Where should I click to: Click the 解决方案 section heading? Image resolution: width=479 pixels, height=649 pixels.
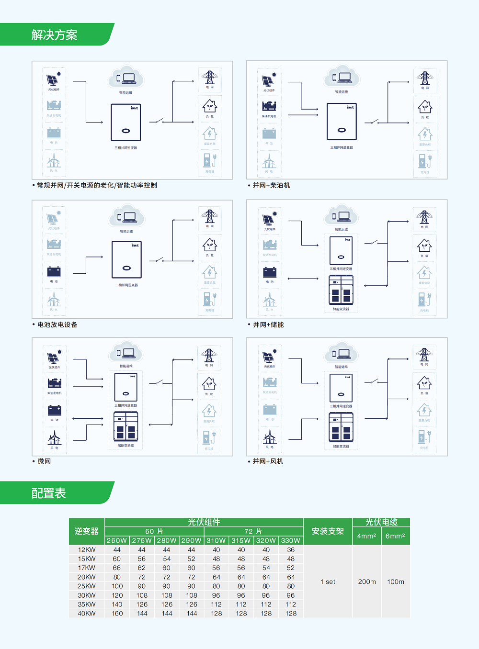(x=54, y=35)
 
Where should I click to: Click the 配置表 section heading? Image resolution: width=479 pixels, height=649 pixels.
(x=48, y=493)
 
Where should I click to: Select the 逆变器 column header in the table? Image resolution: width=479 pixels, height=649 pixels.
(x=86, y=531)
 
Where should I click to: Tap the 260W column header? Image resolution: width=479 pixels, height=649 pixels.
(x=117, y=540)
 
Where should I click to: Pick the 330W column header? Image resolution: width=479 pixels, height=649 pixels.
(x=291, y=540)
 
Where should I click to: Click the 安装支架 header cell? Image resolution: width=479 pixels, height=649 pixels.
(x=328, y=531)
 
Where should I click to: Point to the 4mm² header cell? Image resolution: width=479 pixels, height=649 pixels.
(x=366, y=536)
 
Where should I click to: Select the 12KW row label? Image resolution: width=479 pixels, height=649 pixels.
(x=87, y=550)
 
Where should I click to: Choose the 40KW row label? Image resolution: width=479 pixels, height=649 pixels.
(x=87, y=613)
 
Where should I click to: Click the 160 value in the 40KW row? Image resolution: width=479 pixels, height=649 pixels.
(x=117, y=613)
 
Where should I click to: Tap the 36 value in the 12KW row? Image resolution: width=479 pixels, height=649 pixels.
(x=291, y=550)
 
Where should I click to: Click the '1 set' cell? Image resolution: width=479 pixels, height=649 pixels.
(x=328, y=582)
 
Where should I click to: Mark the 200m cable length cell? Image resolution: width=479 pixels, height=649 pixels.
(x=367, y=582)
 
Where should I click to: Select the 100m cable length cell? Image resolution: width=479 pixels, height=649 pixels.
(x=396, y=582)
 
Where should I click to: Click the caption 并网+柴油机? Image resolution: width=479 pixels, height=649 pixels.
(x=271, y=185)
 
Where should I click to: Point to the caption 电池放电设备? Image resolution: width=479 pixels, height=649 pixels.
(x=57, y=324)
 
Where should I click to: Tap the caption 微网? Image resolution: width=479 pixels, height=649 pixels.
(x=44, y=461)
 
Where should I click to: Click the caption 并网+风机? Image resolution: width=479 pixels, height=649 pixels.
(x=268, y=461)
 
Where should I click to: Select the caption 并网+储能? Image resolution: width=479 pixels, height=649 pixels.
(x=268, y=324)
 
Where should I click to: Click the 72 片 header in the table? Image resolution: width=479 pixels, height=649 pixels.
(x=253, y=531)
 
